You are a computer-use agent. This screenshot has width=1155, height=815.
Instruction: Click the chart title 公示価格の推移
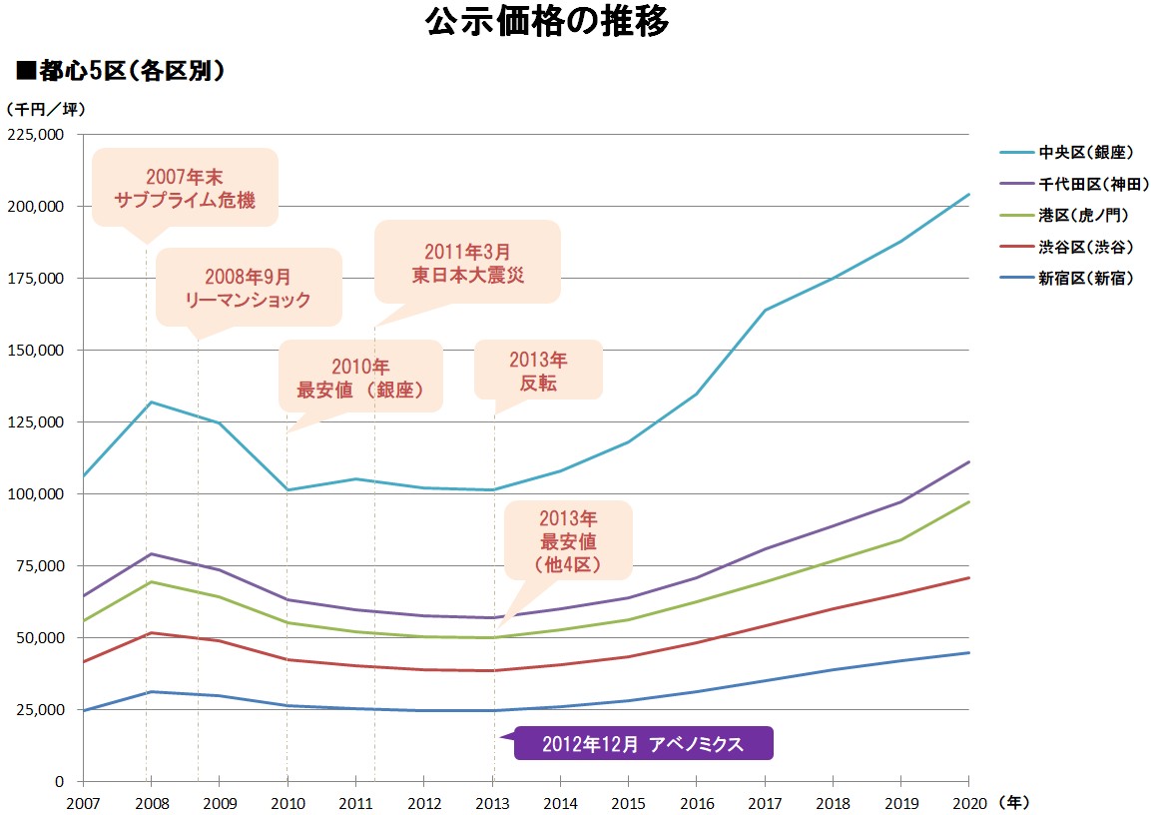pos(546,23)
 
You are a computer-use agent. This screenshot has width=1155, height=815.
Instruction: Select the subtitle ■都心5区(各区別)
pos(119,71)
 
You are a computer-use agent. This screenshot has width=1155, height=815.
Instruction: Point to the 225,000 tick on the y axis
pos(37,135)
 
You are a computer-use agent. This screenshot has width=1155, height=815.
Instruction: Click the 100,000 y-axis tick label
pos(37,494)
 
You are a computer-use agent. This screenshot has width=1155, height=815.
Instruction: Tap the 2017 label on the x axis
pos(765,802)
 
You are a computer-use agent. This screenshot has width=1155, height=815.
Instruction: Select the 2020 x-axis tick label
pos(968,802)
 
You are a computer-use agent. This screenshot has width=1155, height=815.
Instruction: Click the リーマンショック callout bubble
pos(249,287)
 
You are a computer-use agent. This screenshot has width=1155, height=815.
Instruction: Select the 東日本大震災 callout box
pos(467,262)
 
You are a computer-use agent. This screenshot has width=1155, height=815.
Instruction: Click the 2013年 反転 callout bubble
pos(538,371)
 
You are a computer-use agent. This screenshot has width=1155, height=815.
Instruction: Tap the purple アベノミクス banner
pos(642,744)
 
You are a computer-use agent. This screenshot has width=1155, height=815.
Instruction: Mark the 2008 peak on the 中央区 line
pos(151,402)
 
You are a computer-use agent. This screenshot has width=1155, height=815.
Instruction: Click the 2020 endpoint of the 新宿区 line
pos(968,652)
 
